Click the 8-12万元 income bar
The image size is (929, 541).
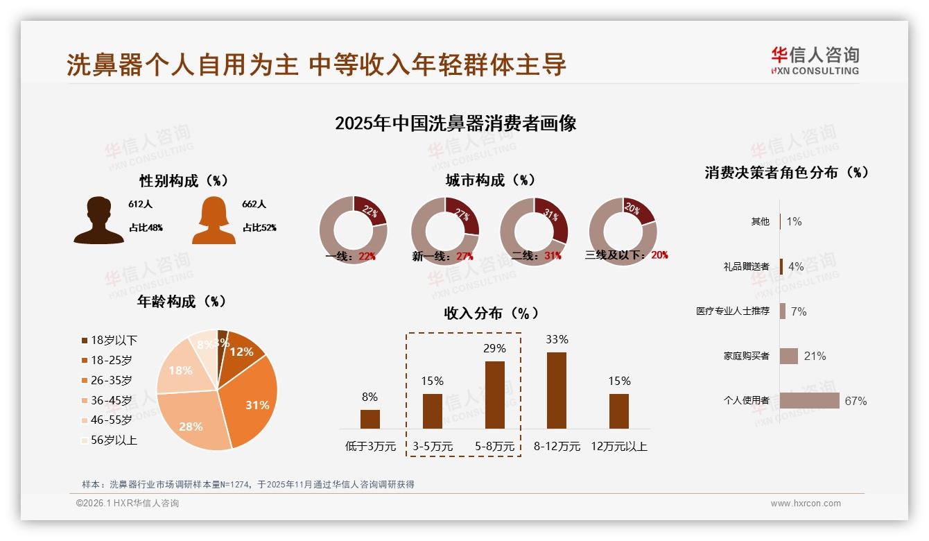coord(557,390)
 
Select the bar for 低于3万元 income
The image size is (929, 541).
coord(370,419)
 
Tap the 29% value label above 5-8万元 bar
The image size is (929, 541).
coord(494,348)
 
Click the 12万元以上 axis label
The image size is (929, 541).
coord(618,446)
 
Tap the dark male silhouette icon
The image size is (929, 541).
coord(99,221)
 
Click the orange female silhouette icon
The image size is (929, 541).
coord(214,221)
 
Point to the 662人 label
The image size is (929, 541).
coord(254,204)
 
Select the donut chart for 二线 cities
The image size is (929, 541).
coord(534,231)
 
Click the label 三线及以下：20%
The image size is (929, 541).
coord(627,255)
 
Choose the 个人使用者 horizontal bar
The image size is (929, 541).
coord(809,400)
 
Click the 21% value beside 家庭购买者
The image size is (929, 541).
coord(815,356)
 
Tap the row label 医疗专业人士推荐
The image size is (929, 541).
coord(733,311)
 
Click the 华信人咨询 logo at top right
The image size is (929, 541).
coord(815,60)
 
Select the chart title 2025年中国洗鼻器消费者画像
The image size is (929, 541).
coord(455,123)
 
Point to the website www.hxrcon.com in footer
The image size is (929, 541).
coord(806,504)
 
